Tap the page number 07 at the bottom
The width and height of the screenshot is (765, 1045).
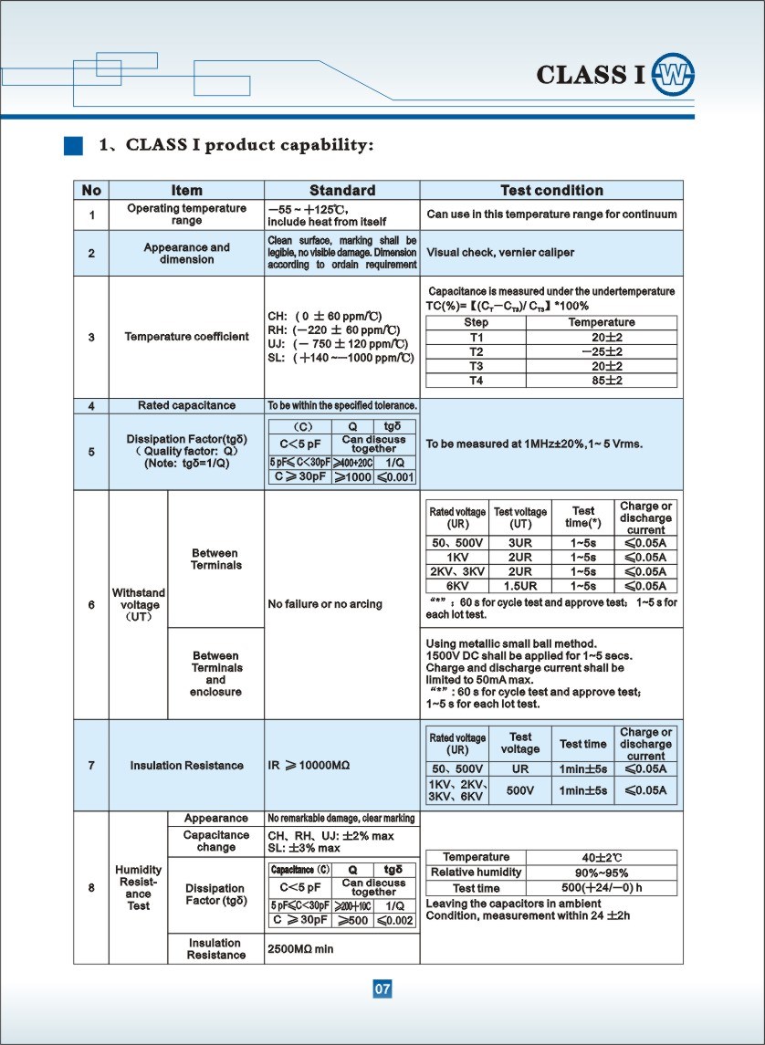click(382, 989)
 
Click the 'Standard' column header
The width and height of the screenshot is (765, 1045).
click(342, 191)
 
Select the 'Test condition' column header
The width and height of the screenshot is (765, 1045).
click(551, 191)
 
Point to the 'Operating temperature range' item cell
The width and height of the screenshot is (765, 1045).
click(186, 214)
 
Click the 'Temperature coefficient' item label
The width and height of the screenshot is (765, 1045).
click(186, 337)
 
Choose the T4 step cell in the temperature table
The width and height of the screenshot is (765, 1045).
click(476, 381)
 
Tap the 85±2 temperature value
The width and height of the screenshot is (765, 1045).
click(602, 381)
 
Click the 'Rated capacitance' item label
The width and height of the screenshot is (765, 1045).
click(186, 405)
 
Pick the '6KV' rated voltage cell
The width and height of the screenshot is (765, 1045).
click(458, 586)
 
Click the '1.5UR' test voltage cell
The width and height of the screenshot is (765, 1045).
click(520, 586)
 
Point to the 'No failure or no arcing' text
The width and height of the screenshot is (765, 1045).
click(325, 604)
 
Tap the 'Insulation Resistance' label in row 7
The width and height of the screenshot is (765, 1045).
click(186, 766)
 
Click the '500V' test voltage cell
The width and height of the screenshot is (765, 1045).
click(520, 790)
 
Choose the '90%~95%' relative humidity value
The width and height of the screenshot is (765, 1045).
click(602, 873)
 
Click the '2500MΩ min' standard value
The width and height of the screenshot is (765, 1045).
click(300, 949)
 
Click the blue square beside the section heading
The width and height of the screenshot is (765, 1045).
click(73, 145)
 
